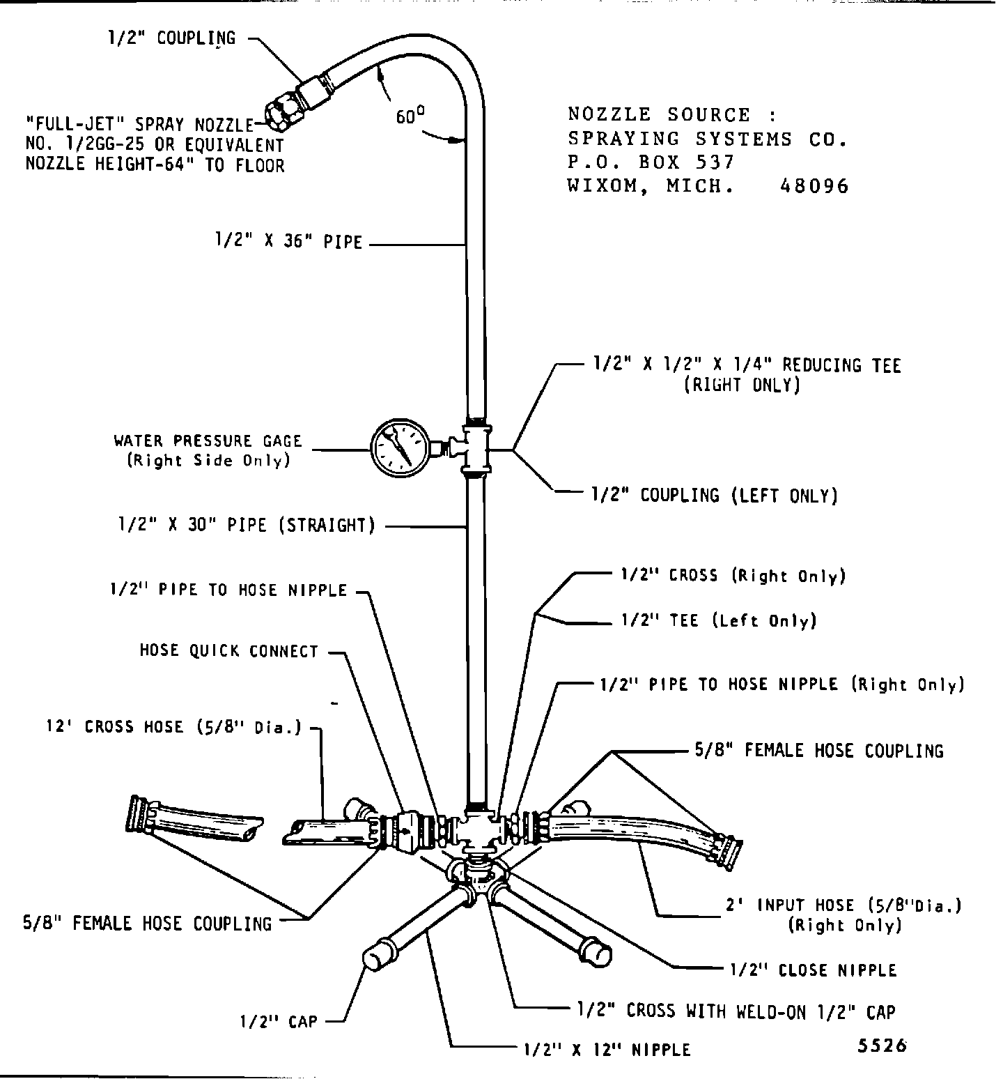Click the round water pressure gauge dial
click(398, 446)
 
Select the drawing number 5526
click(883, 1046)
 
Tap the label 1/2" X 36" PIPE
click(288, 242)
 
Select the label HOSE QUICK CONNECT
click(228, 651)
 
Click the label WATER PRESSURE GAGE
click(208, 441)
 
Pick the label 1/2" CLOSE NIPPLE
click(813, 970)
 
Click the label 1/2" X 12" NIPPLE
click(607, 1050)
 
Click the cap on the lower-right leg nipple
click(596, 952)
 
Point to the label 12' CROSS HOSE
click(173, 727)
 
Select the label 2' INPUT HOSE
click(845, 905)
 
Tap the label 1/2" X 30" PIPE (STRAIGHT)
click(246, 525)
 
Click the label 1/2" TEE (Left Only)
click(718, 620)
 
